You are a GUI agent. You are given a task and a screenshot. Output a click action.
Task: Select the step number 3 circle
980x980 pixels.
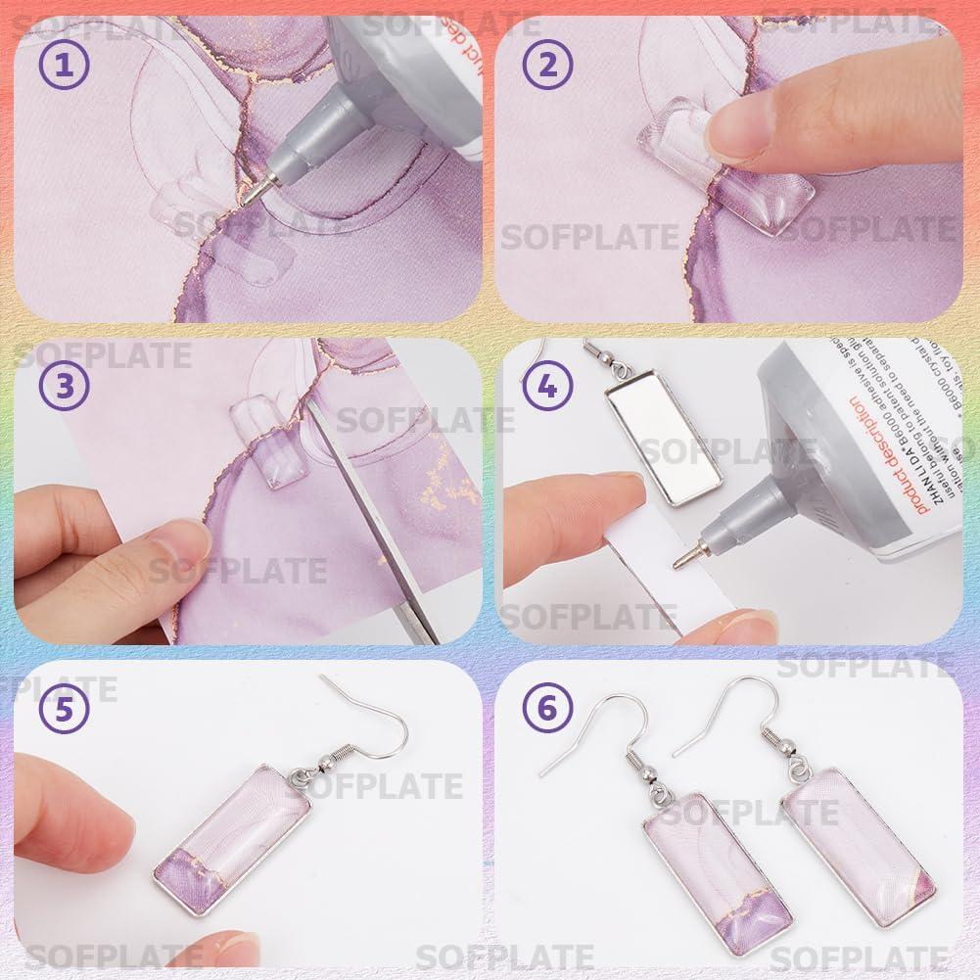tap(64, 386)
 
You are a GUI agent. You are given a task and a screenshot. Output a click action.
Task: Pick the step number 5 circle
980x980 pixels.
tap(64, 709)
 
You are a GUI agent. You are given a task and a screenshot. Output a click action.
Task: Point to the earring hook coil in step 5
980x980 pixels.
tap(323, 754)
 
